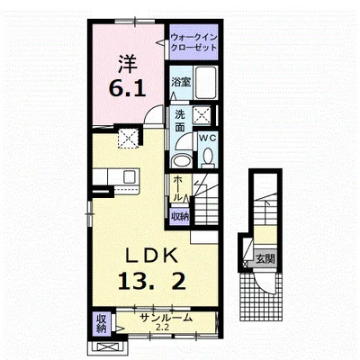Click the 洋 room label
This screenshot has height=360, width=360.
(x=127, y=64)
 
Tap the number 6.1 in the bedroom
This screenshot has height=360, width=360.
(x=127, y=88)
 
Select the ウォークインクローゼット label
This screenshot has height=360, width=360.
(x=193, y=42)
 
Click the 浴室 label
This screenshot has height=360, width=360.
(x=181, y=82)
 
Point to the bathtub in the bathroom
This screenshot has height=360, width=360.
(x=205, y=83)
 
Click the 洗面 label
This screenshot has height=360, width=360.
(x=180, y=121)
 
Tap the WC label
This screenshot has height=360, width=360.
(x=208, y=138)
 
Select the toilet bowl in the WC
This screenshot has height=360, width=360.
(x=208, y=157)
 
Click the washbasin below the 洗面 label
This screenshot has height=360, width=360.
(x=181, y=161)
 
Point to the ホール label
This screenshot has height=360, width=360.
(x=177, y=189)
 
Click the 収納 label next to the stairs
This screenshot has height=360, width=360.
(x=180, y=216)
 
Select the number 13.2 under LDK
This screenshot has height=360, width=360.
(x=151, y=281)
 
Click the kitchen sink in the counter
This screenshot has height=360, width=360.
(x=130, y=176)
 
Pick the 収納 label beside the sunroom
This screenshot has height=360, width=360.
(x=102, y=323)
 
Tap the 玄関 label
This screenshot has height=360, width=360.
(x=265, y=258)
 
